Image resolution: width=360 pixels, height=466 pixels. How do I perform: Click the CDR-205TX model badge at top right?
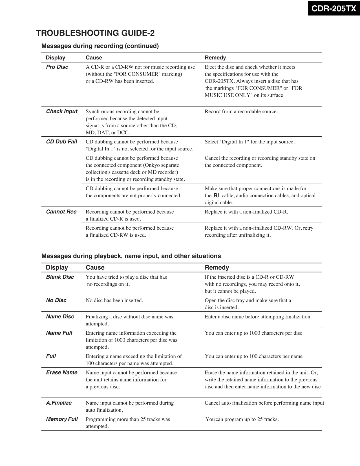coord(334,8)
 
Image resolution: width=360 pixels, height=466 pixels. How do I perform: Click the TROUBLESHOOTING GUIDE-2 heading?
coord(95,33)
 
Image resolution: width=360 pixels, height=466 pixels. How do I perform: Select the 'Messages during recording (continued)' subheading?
coord(100,46)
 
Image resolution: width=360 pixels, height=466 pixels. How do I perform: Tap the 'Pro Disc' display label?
coord(57,67)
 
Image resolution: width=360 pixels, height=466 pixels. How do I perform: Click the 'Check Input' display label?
coord(61,112)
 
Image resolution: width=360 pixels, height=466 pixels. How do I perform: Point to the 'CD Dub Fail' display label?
coord(61,142)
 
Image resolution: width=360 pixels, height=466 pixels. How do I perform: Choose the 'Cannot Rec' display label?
coord(61,212)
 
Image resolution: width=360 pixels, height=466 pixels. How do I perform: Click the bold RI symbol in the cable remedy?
coord(216,196)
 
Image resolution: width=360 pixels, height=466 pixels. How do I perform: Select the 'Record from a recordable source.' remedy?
coord(241,112)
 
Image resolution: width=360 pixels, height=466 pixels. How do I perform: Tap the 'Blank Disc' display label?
coord(60,277)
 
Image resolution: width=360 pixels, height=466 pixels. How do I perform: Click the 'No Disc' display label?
coord(56,300)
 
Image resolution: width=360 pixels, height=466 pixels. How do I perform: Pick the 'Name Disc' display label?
coord(60,317)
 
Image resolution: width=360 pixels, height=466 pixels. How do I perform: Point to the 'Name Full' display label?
coord(59,333)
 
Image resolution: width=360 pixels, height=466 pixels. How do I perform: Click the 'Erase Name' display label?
coord(61,372)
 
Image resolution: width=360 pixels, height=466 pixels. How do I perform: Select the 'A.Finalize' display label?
coord(59,403)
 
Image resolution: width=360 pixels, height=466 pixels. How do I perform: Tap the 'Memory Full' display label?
coord(62,419)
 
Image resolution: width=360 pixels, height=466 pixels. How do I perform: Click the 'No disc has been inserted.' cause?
coord(114,301)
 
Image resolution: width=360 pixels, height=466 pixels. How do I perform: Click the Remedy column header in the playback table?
coord(217,268)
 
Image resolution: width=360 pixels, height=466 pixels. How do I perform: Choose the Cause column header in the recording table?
coord(94,58)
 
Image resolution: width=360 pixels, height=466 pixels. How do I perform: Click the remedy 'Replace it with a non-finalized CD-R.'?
coord(246,212)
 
